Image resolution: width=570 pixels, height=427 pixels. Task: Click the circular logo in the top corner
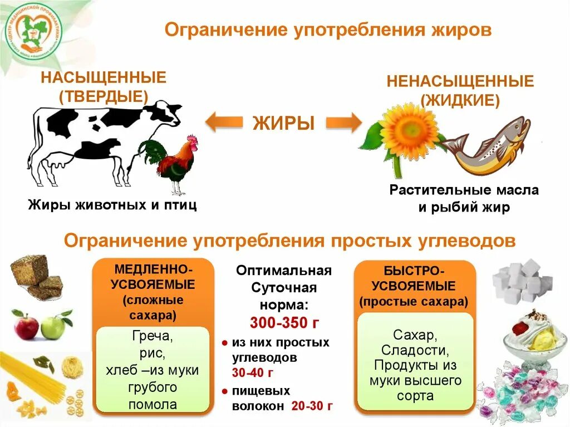pos(34,31)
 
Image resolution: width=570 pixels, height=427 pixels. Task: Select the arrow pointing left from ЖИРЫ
pos(225,122)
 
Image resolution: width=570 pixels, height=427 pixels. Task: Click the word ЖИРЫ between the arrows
pos(284,122)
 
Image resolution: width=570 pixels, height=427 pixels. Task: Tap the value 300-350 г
pos(284,323)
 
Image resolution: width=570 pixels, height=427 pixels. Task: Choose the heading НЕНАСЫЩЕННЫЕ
pos(460,82)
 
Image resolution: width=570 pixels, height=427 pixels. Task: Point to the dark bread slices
pos(37,276)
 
